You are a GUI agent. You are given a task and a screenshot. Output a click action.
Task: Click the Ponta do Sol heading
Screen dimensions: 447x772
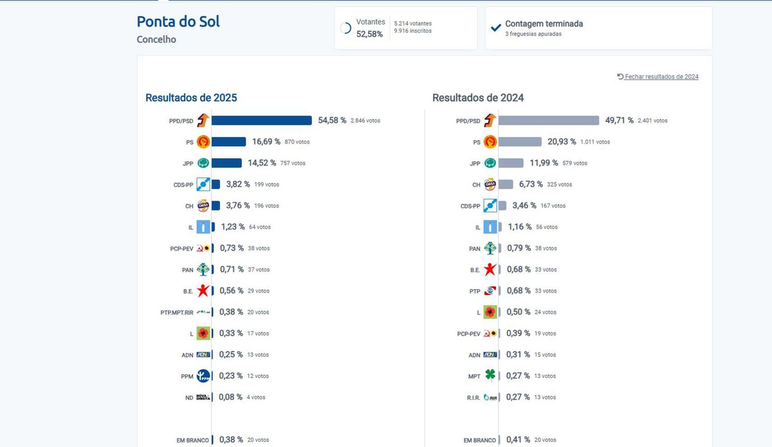tap(178, 21)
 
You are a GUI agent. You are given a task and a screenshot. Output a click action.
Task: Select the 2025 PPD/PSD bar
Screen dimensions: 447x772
tap(261, 120)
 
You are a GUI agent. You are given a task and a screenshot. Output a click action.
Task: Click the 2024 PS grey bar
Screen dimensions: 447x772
tap(520, 142)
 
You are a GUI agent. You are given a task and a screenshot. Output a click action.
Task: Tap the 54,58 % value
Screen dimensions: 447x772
tap(332, 120)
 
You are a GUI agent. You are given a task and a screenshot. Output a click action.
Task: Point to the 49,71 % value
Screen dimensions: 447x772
tap(619, 120)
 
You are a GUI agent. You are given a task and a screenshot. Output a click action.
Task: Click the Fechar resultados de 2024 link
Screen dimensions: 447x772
tap(657, 77)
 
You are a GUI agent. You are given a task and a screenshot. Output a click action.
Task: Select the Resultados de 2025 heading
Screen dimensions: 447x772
tap(191, 98)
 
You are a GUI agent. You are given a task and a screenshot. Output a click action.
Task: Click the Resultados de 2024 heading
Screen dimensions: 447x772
tap(478, 98)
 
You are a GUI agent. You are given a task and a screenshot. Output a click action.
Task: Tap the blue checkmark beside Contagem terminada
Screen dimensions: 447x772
tap(496, 28)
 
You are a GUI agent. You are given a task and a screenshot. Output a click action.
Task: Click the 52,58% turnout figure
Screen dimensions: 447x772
tap(369, 34)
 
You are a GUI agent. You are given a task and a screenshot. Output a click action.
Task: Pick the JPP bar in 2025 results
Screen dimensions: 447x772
tap(226, 163)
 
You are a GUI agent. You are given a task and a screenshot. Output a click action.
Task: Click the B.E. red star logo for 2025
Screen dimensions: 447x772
tap(203, 290)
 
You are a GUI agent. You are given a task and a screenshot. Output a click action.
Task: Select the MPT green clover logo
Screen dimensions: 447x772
tap(490, 376)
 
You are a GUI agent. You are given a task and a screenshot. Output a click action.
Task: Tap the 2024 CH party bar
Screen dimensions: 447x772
tap(506, 184)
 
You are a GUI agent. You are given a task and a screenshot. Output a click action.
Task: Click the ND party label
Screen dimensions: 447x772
tap(189, 397)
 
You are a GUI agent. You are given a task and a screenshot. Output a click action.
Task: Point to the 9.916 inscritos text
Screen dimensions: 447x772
tap(413, 31)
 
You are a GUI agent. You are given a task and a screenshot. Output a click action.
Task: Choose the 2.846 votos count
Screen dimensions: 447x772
tap(365, 120)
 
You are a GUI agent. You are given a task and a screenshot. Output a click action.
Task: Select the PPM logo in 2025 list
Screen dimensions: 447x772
tap(203, 376)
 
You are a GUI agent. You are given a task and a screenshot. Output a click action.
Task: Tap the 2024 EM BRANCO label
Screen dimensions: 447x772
tap(480, 440)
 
